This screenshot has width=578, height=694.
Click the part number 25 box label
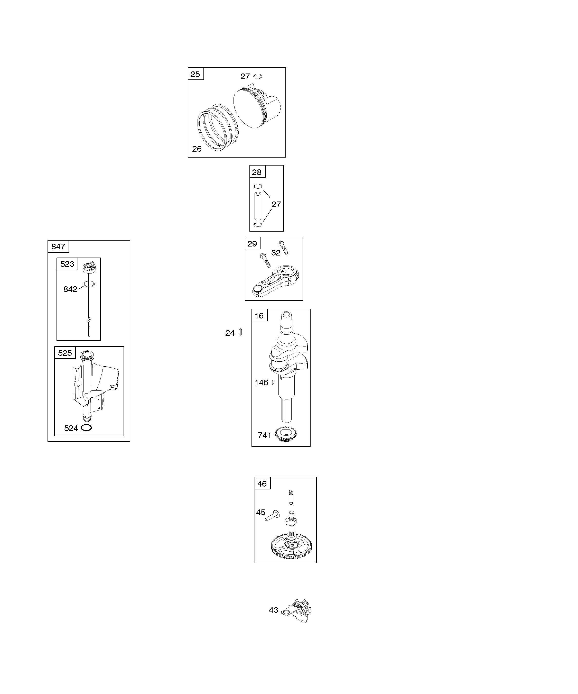195,74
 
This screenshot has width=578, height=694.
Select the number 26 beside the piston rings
197,149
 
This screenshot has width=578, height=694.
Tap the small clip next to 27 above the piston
258,76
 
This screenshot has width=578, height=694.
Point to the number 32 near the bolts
276,253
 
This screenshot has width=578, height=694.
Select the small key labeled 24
240,332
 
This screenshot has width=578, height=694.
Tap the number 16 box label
259,316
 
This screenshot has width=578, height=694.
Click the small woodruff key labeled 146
273,382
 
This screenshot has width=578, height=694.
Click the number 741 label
265,436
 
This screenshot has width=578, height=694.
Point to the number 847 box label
58,246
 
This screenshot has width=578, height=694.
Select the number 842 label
70,289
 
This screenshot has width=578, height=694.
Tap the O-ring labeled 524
86,428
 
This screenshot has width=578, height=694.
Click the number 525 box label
65,353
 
